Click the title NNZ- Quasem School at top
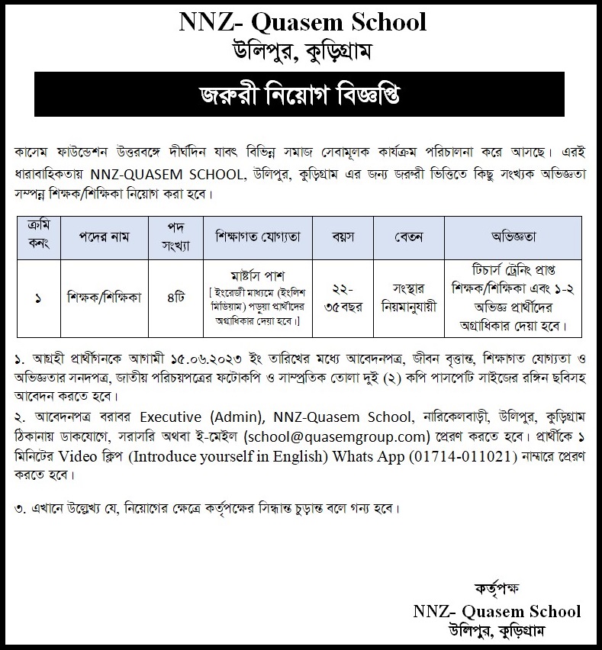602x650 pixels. [302, 23]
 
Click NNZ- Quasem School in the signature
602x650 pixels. [497, 611]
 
